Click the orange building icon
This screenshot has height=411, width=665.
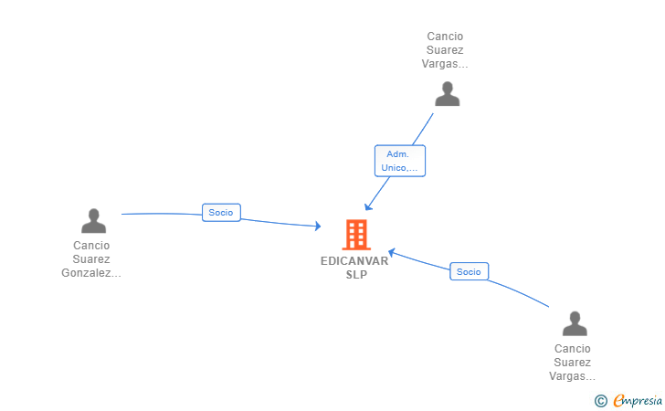pyautogui.click(x=355, y=235)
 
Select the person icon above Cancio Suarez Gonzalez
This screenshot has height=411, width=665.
pyautogui.click(x=93, y=221)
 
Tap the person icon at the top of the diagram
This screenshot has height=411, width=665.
pyautogui.click(x=447, y=94)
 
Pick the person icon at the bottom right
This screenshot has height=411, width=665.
pyautogui.click(x=574, y=323)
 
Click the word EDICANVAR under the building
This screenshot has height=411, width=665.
pyautogui.click(x=354, y=260)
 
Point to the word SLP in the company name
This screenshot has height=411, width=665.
pyautogui.click(x=355, y=274)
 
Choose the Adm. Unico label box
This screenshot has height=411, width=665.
pyautogui.click(x=399, y=161)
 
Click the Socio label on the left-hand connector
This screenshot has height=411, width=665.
pyautogui.click(x=221, y=213)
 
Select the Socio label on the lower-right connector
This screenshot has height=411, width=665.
pyautogui.click(x=469, y=271)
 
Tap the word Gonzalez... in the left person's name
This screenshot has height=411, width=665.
pyautogui.click(x=91, y=272)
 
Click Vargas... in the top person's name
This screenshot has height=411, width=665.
pyautogui.click(x=445, y=64)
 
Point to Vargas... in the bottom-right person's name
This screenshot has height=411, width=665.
pyautogui.click(x=573, y=375)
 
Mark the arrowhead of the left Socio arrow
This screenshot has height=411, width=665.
pyautogui.click(x=317, y=226)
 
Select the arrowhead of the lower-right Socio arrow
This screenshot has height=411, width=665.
pyautogui.click(x=391, y=252)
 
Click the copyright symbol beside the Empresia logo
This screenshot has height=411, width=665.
pyautogui.click(x=600, y=400)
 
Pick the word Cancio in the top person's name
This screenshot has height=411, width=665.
pyautogui.click(x=445, y=37)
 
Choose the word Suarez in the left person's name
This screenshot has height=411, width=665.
pyautogui.click(x=91, y=258)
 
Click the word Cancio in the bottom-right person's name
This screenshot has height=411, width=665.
pyautogui.click(x=573, y=348)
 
